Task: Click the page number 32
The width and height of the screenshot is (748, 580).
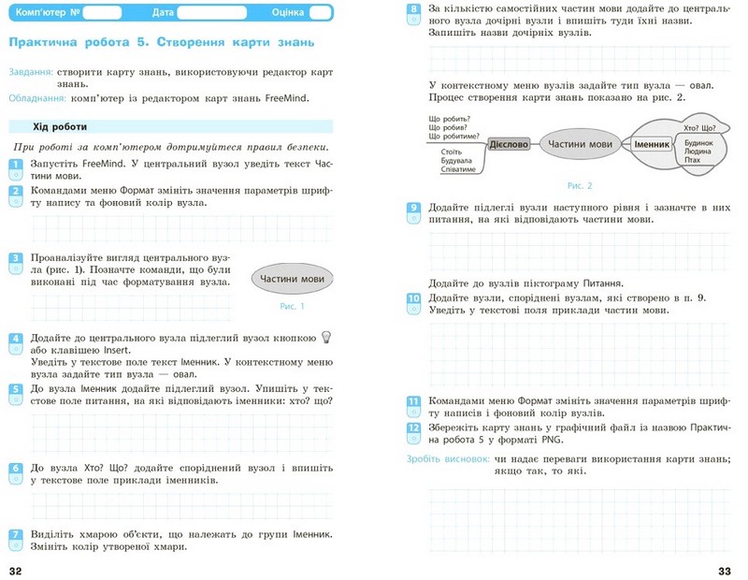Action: [15, 570]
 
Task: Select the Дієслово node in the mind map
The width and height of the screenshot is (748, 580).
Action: [510, 144]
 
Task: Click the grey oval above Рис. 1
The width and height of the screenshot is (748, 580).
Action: [293, 279]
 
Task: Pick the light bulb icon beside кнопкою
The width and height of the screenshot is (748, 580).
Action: [326, 338]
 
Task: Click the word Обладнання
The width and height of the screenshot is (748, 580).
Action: [36, 97]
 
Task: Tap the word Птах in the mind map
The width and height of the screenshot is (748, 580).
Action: [693, 161]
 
